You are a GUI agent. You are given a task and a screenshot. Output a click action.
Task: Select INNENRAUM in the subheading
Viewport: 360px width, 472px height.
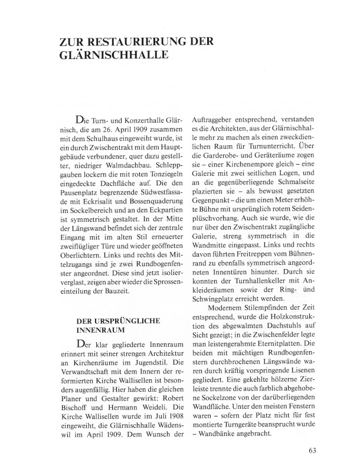pos(100,332)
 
